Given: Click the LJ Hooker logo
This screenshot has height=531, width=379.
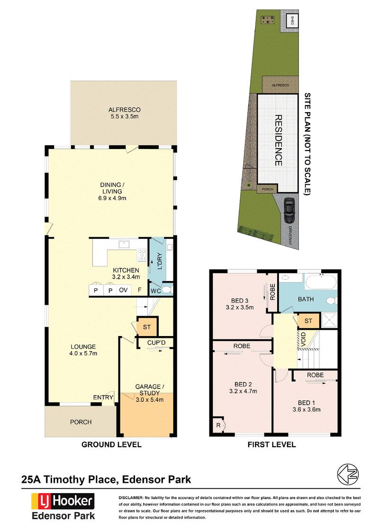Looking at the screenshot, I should [x=63, y=501].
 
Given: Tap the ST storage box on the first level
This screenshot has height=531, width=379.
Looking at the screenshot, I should [x=308, y=321].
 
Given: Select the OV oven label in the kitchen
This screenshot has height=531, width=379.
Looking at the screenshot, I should [x=123, y=290].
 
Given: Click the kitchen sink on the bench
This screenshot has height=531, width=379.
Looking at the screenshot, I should [x=125, y=244].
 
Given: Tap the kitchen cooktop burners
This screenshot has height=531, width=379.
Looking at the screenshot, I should [x=141, y=256].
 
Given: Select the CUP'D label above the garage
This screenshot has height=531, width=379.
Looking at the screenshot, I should [x=155, y=342].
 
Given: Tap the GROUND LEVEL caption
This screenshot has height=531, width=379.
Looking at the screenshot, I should [x=111, y=444].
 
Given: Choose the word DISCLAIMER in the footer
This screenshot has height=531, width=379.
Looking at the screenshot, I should [x=130, y=498].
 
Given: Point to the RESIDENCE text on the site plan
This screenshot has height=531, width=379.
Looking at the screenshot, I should [x=278, y=140].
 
